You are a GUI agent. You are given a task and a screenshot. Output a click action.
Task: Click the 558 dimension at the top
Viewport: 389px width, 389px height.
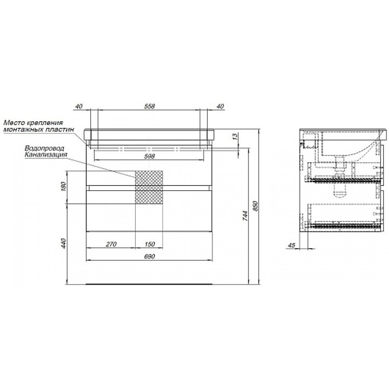(149, 106)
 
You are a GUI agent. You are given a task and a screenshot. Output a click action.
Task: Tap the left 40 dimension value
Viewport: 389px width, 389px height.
(79, 106)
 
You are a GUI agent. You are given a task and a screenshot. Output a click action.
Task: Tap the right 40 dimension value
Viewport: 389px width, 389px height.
(220, 106)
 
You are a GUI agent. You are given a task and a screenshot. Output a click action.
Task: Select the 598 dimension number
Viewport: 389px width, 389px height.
(149, 156)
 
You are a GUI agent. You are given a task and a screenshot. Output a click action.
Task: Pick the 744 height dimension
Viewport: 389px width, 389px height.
(245, 216)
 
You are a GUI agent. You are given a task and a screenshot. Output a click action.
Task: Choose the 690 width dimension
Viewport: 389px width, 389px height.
(149, 256)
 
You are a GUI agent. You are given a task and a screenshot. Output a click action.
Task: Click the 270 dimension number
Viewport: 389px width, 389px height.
(111, 244)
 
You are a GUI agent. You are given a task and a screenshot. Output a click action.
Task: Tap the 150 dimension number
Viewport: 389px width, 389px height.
(149, 244)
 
